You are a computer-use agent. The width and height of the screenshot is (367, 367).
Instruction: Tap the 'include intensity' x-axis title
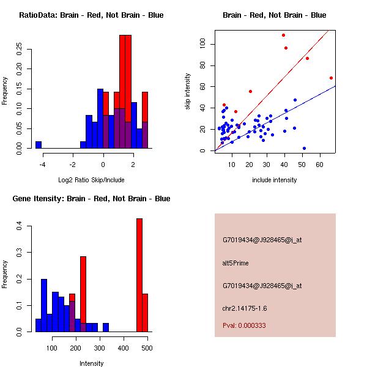275,180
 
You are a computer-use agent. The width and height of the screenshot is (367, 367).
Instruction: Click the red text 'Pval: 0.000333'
243,326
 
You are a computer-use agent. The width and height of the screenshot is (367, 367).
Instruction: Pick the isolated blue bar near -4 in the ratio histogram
39,145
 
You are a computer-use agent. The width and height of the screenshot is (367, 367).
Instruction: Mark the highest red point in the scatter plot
283,35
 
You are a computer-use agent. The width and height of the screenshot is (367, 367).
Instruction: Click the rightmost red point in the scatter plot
331,78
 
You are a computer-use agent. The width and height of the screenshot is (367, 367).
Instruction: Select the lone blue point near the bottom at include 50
304,148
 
